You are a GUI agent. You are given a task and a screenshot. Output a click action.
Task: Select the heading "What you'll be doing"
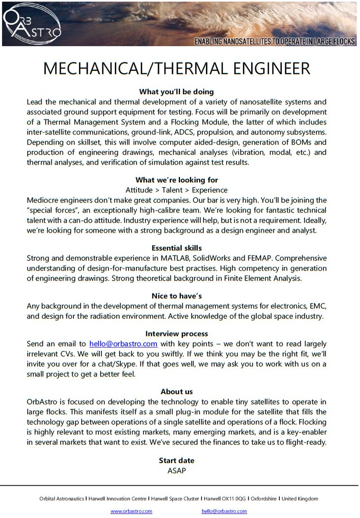pyautogui.click(x=177, y=92)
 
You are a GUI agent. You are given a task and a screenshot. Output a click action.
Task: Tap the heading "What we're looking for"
pyautogui.click(x=177, y=180)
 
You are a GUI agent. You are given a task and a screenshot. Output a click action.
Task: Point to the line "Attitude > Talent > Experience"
pyautogui.click(x=177, y=190)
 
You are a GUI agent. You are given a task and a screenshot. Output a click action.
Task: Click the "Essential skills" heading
pyautogui.click(x=177, y=248)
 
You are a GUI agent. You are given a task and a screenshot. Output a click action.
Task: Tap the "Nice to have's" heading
pyautogui.click(x=177, y=296)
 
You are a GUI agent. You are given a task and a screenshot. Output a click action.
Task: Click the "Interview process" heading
pyautogui.click(x=177, y=334)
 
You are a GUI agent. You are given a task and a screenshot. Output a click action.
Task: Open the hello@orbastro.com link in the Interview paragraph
pyautogui.click(x=123, y=344)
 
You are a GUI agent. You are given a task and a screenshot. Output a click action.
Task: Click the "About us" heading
pyautogui.click(x=177, y=392)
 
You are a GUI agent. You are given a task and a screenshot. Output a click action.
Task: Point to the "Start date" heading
pyautogui.click(x=177, y=460)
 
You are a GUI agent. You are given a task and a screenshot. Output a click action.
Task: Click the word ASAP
pyautogui.click(x=177, y=470)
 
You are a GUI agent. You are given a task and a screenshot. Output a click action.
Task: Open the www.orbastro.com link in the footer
pyautogui.click(x=131, y=511)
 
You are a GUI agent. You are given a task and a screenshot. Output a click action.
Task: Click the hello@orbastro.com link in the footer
pyautogui.click(x=224, y=511)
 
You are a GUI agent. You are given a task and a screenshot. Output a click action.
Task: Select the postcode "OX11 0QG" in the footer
pyautogui.click(x=235, y=499)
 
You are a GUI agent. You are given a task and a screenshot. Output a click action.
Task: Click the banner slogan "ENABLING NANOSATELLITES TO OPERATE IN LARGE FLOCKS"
pyautogui.click(x=275, y=41)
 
